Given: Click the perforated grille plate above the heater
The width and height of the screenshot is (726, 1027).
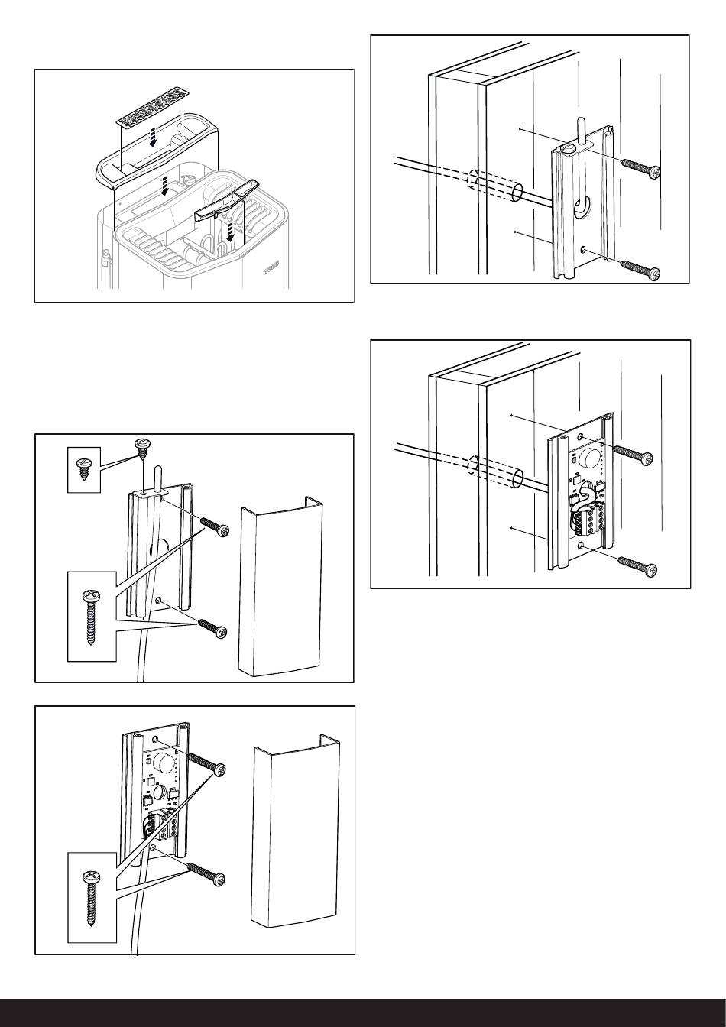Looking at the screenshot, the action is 151,109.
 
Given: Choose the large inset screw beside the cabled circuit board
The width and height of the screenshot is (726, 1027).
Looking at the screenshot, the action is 91,898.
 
